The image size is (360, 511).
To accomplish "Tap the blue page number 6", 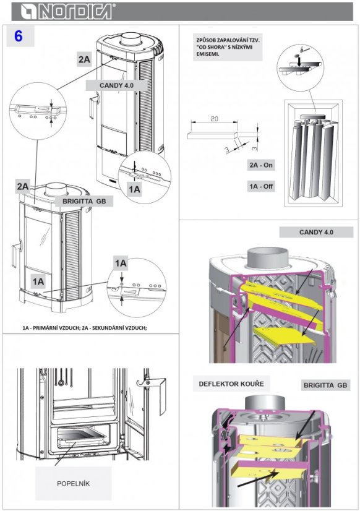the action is pyautogui.click(x=18, y=36).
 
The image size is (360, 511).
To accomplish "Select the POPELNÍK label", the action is pyautogui.click(x=74, y=484).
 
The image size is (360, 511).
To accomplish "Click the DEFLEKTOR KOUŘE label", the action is pyautogui.click(x=231, y=384).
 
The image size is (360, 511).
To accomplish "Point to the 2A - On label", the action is pyautogui.click(x=261, y=165).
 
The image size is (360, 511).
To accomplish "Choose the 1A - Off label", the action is pyautogui.click(x=261, y=186).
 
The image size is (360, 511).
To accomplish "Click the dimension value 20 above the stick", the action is pyautogui.click(x=215, y=119).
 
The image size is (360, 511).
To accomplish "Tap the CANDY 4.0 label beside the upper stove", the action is pyautogui.click(x=116, y=85).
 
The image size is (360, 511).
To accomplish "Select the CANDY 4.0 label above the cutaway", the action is pyautogui.click(x=316, y=232).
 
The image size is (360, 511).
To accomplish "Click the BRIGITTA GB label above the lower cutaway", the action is pyautogui.click(x=325, y=385).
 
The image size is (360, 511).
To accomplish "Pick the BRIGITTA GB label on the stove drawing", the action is pyautogui.click(x=84, y=201).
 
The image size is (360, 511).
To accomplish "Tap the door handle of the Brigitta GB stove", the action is pyautogui.click(x=16, y=254).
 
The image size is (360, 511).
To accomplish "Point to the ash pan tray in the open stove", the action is pyautogui.click(x=82, y=437).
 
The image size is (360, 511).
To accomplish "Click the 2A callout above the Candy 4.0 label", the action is pyautogui.click(x=84, y=59).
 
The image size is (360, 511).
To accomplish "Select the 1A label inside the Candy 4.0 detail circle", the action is pyautogui.click(x=135, y=189).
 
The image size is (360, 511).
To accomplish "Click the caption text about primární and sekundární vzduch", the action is pyautogui.click(x=85, y=327).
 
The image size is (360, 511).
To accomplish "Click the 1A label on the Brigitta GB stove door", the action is pyautogui.click(x=38, y=281).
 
